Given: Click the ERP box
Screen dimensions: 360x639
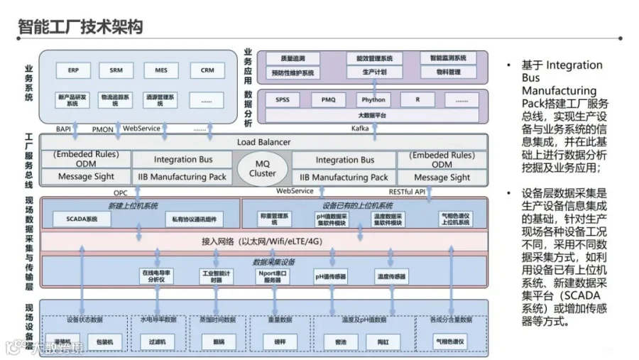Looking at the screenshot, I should [x=74, y=70].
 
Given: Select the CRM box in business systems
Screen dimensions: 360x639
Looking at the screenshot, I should [x=207, y=70].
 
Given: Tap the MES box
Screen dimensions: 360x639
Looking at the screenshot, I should [x=161, y=70].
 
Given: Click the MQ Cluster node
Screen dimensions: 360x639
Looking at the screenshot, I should [x=263, y=168].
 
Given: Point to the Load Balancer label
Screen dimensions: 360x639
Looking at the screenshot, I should [x=263, y=142].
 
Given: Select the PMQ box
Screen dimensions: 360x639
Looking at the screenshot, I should [x=328, y=100].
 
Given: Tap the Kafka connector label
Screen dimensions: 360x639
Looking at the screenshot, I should [x=360, y=128].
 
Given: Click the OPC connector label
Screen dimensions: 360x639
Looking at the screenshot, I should [x=121, y=192].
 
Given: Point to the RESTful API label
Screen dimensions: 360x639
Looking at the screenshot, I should [x=407, y=191].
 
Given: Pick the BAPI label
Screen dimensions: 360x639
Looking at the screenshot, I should [x=64, y=129].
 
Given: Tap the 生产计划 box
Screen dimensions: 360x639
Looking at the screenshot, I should [x=374, y=72].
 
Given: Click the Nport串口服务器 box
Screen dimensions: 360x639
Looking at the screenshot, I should [x=272, y=276].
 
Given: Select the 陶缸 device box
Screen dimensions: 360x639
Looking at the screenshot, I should [x=382, y=342].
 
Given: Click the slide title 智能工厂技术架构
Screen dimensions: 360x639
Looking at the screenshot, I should [x=80, y=27].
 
